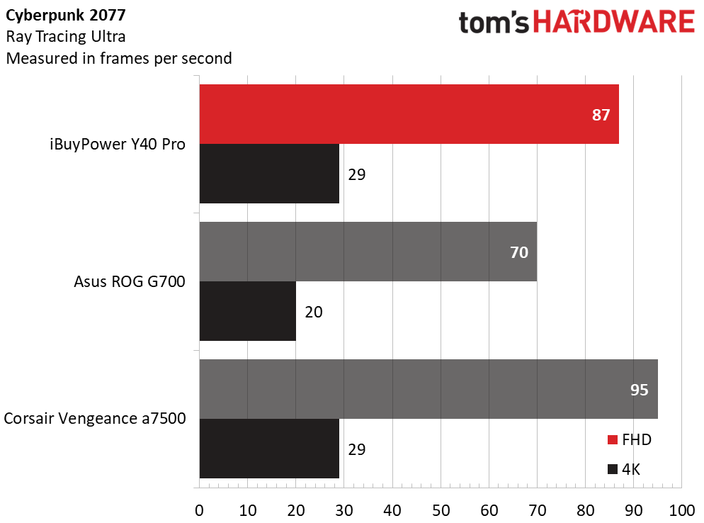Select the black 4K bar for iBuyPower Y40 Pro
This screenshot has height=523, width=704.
(x=269, y=174)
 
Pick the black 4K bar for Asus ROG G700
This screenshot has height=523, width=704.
(x=248, y=311)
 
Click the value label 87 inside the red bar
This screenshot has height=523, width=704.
(x=601, y=115)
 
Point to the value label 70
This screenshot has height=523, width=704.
(x=519, y=252)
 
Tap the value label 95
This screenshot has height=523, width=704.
(x=639, y=390)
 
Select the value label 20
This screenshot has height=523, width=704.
(x=314, y=312)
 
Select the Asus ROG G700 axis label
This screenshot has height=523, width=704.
(x=130, y=282)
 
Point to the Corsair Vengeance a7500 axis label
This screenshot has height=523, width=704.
(x=95, y=419)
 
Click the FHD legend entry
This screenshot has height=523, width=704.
(x=629, y=440)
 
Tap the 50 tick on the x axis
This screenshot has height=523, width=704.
(x=441, y=510)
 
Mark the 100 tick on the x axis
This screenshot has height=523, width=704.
(x=681, y=510)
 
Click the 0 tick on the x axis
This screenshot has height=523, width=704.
(x=200, y=510)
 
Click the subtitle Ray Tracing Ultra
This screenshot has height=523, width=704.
(x=67, y=36)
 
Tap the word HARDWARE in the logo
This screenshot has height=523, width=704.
(x=613, y=23)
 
